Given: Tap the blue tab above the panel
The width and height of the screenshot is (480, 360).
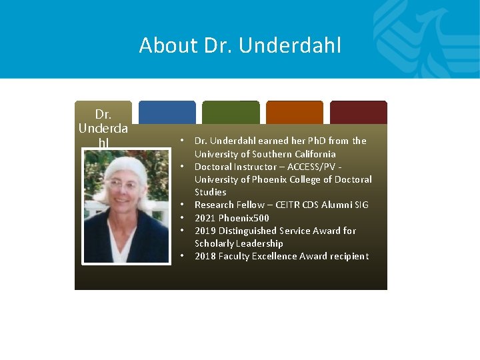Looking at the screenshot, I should pos(167,112).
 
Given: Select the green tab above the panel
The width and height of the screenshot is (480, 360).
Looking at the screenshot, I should pos(231,112).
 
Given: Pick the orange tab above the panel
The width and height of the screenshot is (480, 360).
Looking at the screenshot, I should pos(295,112).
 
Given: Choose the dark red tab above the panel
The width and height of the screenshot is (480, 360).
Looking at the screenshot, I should pos(359,112).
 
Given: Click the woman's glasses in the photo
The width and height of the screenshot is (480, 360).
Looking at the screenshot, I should pos(123,185).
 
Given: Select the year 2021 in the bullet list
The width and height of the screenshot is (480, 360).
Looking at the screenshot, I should pos(205,218).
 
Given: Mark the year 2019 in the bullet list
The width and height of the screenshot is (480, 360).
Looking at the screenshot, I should pos(205,231).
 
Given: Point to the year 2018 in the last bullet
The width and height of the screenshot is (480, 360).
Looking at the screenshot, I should pos(205,256).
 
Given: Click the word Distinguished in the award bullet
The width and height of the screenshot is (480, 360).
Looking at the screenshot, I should pos(249,231).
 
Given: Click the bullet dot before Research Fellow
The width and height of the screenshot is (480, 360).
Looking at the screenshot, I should pos(181,205).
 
